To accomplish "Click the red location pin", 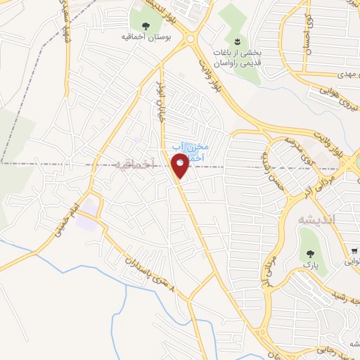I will point(180,165).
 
